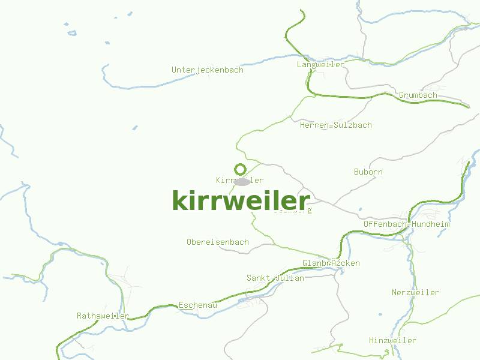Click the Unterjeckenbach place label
(x=207, y=70)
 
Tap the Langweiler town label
(x=320, y=64)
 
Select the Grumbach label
(x=418, y=95)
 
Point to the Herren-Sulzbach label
(x=335, y=125)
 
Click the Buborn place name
(x=368, y=172)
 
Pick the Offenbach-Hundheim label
(x=406, y=224)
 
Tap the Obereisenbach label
(x=217, y=242)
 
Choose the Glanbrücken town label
(x=331, y=263)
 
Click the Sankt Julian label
(x=275, y=278)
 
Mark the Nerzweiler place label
(x=415, y=293)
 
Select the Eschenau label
(x=197, y=305)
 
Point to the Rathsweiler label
(x=103, y=316)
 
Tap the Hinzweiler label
(x=392, y=341)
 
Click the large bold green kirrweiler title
(x=241, y=200)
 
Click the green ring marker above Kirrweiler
(x=240, y=169)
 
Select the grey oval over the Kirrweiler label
(x=242, y=181)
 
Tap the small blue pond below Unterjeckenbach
(x=134, y=128)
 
